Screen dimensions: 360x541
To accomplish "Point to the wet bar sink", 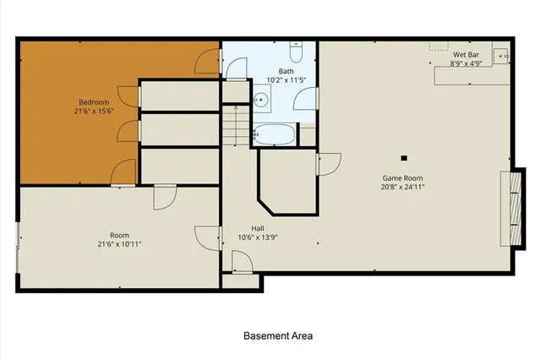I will (501, 58).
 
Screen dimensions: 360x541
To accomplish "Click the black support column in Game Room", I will (404, 157).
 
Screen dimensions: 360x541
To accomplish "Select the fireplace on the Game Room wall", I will (509, 207).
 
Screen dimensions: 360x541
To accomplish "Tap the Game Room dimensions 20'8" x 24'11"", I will (402, 187).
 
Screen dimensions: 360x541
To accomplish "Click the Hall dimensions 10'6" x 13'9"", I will (258, 237).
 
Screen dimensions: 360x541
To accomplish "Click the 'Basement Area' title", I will (278, 335).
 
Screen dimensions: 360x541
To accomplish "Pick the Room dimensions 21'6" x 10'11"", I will (119, 244).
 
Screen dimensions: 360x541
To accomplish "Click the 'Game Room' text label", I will (402, 177).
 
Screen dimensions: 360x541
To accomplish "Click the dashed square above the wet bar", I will (438, 44).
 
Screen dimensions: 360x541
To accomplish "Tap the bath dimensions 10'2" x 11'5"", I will (285, 81).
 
